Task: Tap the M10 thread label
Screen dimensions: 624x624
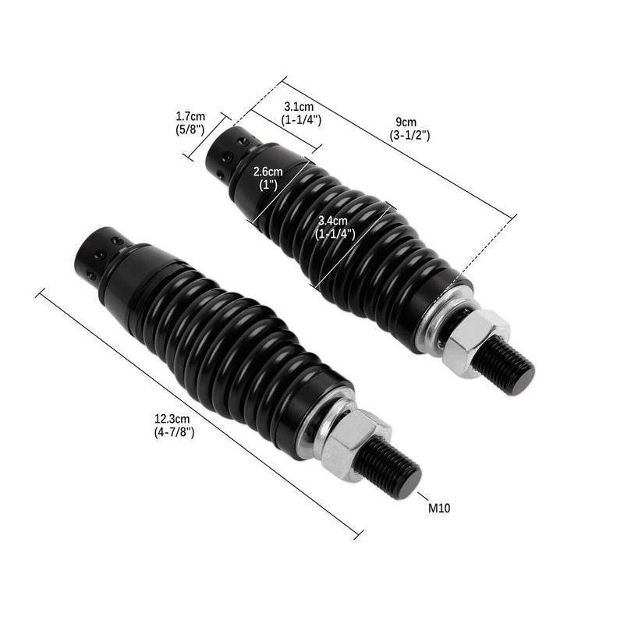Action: pyautogui.click(x=440, y=508)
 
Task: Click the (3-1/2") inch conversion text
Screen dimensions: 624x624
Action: pyautogui.click(x=409, y=135)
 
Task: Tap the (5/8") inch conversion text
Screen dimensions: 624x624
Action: pyautogui.click(x=190, y=129)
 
